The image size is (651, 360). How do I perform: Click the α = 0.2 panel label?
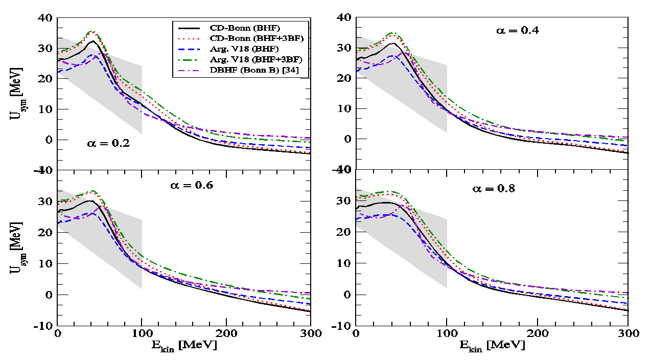(108, 144)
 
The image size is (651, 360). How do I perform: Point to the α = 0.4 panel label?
(519, 31)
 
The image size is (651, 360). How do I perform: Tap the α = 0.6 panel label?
(192, 185)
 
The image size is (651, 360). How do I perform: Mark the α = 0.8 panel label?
(493, 189)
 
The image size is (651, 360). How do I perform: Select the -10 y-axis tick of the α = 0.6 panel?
(44, 326)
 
